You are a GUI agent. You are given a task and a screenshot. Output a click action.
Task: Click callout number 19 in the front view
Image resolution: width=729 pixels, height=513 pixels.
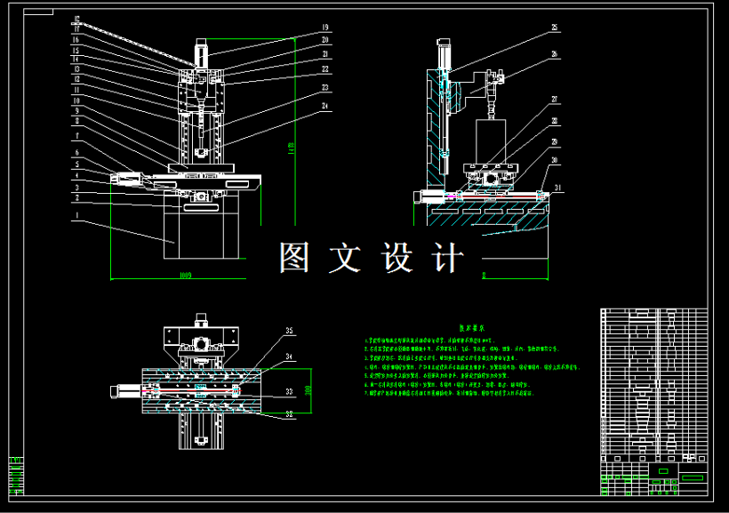324,28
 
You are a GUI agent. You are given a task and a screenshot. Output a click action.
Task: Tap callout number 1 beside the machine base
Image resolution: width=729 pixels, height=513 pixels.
77,214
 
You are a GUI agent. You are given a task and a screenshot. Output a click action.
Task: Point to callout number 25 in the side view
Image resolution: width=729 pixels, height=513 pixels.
555,28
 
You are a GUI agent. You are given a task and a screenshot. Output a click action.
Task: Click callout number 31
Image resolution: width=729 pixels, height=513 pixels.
558,188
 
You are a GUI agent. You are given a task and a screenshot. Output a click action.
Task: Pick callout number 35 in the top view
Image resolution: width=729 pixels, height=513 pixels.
289,332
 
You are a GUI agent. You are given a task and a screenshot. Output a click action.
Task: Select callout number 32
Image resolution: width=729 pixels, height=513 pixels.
289,413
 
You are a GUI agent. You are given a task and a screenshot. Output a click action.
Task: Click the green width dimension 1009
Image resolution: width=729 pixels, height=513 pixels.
185,276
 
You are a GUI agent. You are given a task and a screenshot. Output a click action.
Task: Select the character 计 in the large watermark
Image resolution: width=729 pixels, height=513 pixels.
447,258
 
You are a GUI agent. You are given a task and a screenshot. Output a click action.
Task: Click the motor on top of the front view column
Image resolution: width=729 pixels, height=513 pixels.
202,52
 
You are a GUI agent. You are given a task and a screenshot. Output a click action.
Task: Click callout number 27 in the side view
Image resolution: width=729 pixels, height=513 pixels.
555,99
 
